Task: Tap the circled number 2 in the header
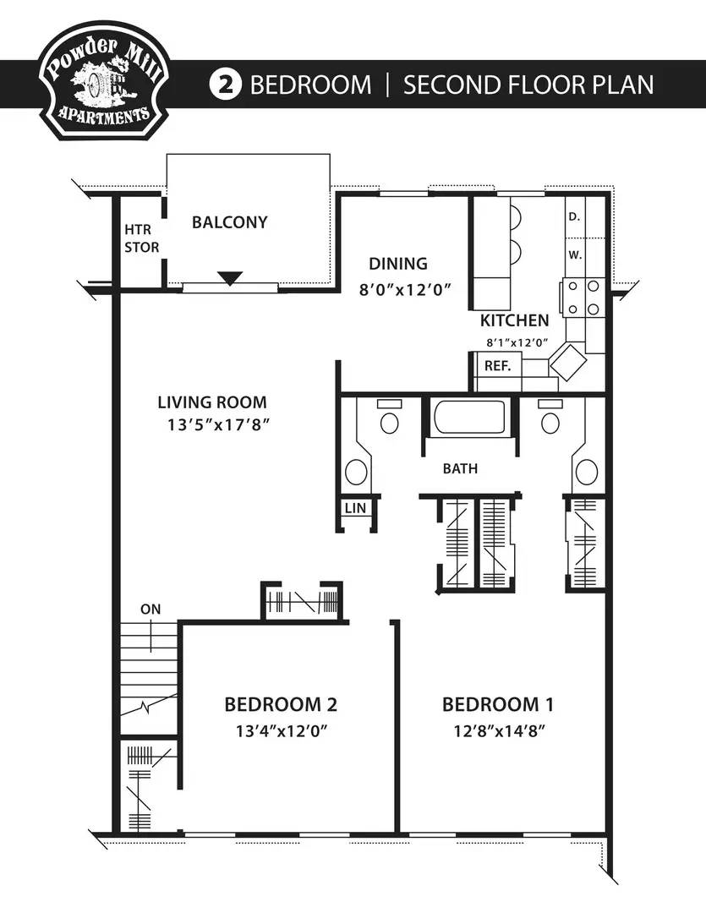coord(225,85)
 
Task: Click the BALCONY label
coord(229,221)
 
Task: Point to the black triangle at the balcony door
coord(230,278)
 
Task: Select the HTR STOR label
coord(141,238)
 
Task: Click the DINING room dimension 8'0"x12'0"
coord(406,289)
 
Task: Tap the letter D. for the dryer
coord(574,216)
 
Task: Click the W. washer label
coord(575,255)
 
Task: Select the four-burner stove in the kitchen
coord(583,298)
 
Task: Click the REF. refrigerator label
coord(497,366)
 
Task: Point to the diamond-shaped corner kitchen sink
coord(568,362)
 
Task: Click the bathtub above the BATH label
coord(469,416)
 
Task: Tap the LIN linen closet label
coord(355,508)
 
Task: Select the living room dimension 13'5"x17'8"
coord(218,425)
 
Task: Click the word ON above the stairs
coord(151,609)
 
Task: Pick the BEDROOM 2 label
coord(281,704)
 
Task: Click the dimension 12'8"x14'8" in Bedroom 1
coord(499,730)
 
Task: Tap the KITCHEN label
coord(514,320)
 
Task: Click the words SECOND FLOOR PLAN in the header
coord(528,85)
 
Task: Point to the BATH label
coord(460,468)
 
